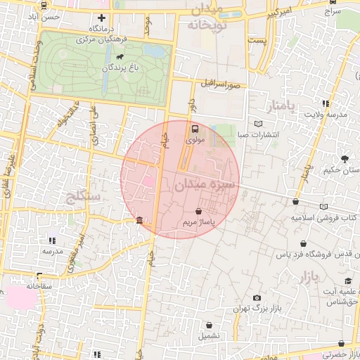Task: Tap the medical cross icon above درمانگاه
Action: point(102,18)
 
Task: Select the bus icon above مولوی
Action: point(195,129)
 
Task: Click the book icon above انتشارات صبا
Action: point(259,124)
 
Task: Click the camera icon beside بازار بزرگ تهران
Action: point(257,298)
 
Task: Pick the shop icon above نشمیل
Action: point(212,325)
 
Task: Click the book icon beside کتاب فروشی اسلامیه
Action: point(323,207)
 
